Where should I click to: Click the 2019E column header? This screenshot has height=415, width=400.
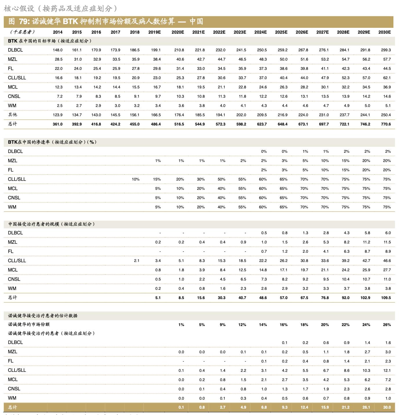pos(154,32)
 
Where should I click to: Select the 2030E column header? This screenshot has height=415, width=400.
pos(384,32)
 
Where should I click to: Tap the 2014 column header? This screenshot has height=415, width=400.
pos(58,32)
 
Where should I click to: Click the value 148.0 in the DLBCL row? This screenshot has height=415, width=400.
pos(58,50)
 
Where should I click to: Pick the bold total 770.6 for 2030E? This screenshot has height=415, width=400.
pos(386,124)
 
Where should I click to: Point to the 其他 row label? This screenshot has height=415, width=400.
pos(12,115)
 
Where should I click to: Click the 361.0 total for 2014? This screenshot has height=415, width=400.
pos(58,124)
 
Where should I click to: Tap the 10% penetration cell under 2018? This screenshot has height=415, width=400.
pos(135,179)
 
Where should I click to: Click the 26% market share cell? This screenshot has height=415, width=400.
pos(387,325)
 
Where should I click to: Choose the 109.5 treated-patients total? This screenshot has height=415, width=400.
pos(386,298)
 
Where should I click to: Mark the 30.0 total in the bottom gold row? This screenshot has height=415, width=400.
pos(387,407)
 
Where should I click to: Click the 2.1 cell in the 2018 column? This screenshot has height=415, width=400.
pos(137,261)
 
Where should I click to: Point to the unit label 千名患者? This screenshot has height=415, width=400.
pos(22,32)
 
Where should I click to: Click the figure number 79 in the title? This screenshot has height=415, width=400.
pos(24,21)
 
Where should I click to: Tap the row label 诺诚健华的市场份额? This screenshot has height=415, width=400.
pos(29,325)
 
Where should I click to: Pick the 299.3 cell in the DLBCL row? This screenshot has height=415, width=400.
pos(386,50)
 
